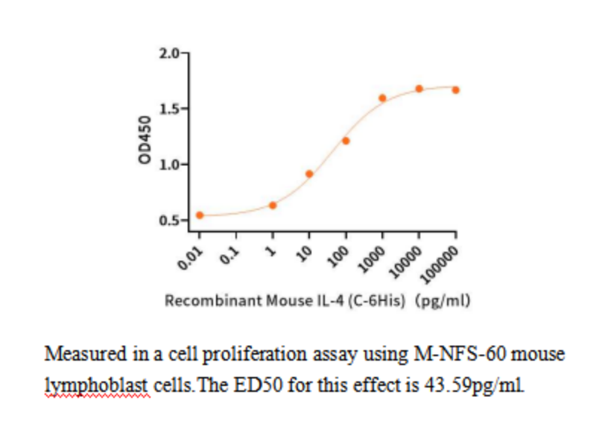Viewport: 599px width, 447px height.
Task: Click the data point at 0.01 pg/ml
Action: (200, 215)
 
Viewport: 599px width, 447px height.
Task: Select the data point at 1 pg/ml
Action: (273, 205)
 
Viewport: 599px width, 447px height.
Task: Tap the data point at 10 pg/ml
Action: (309, 174)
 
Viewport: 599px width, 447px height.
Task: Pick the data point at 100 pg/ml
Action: (346, 140)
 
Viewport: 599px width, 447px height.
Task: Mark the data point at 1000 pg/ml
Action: (382, 98)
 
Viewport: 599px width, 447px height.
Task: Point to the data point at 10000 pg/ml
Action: (419, 89)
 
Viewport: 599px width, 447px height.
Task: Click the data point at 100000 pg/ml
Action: (455, 89)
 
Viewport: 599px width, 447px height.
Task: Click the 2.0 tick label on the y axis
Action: (171, 54)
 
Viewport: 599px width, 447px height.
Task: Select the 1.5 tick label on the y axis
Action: (171, 110)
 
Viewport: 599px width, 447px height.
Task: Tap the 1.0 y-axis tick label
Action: (171, 165)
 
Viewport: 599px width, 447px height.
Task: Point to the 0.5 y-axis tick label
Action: (171, 221)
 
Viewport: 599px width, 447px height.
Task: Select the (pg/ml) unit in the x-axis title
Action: (445, 301)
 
